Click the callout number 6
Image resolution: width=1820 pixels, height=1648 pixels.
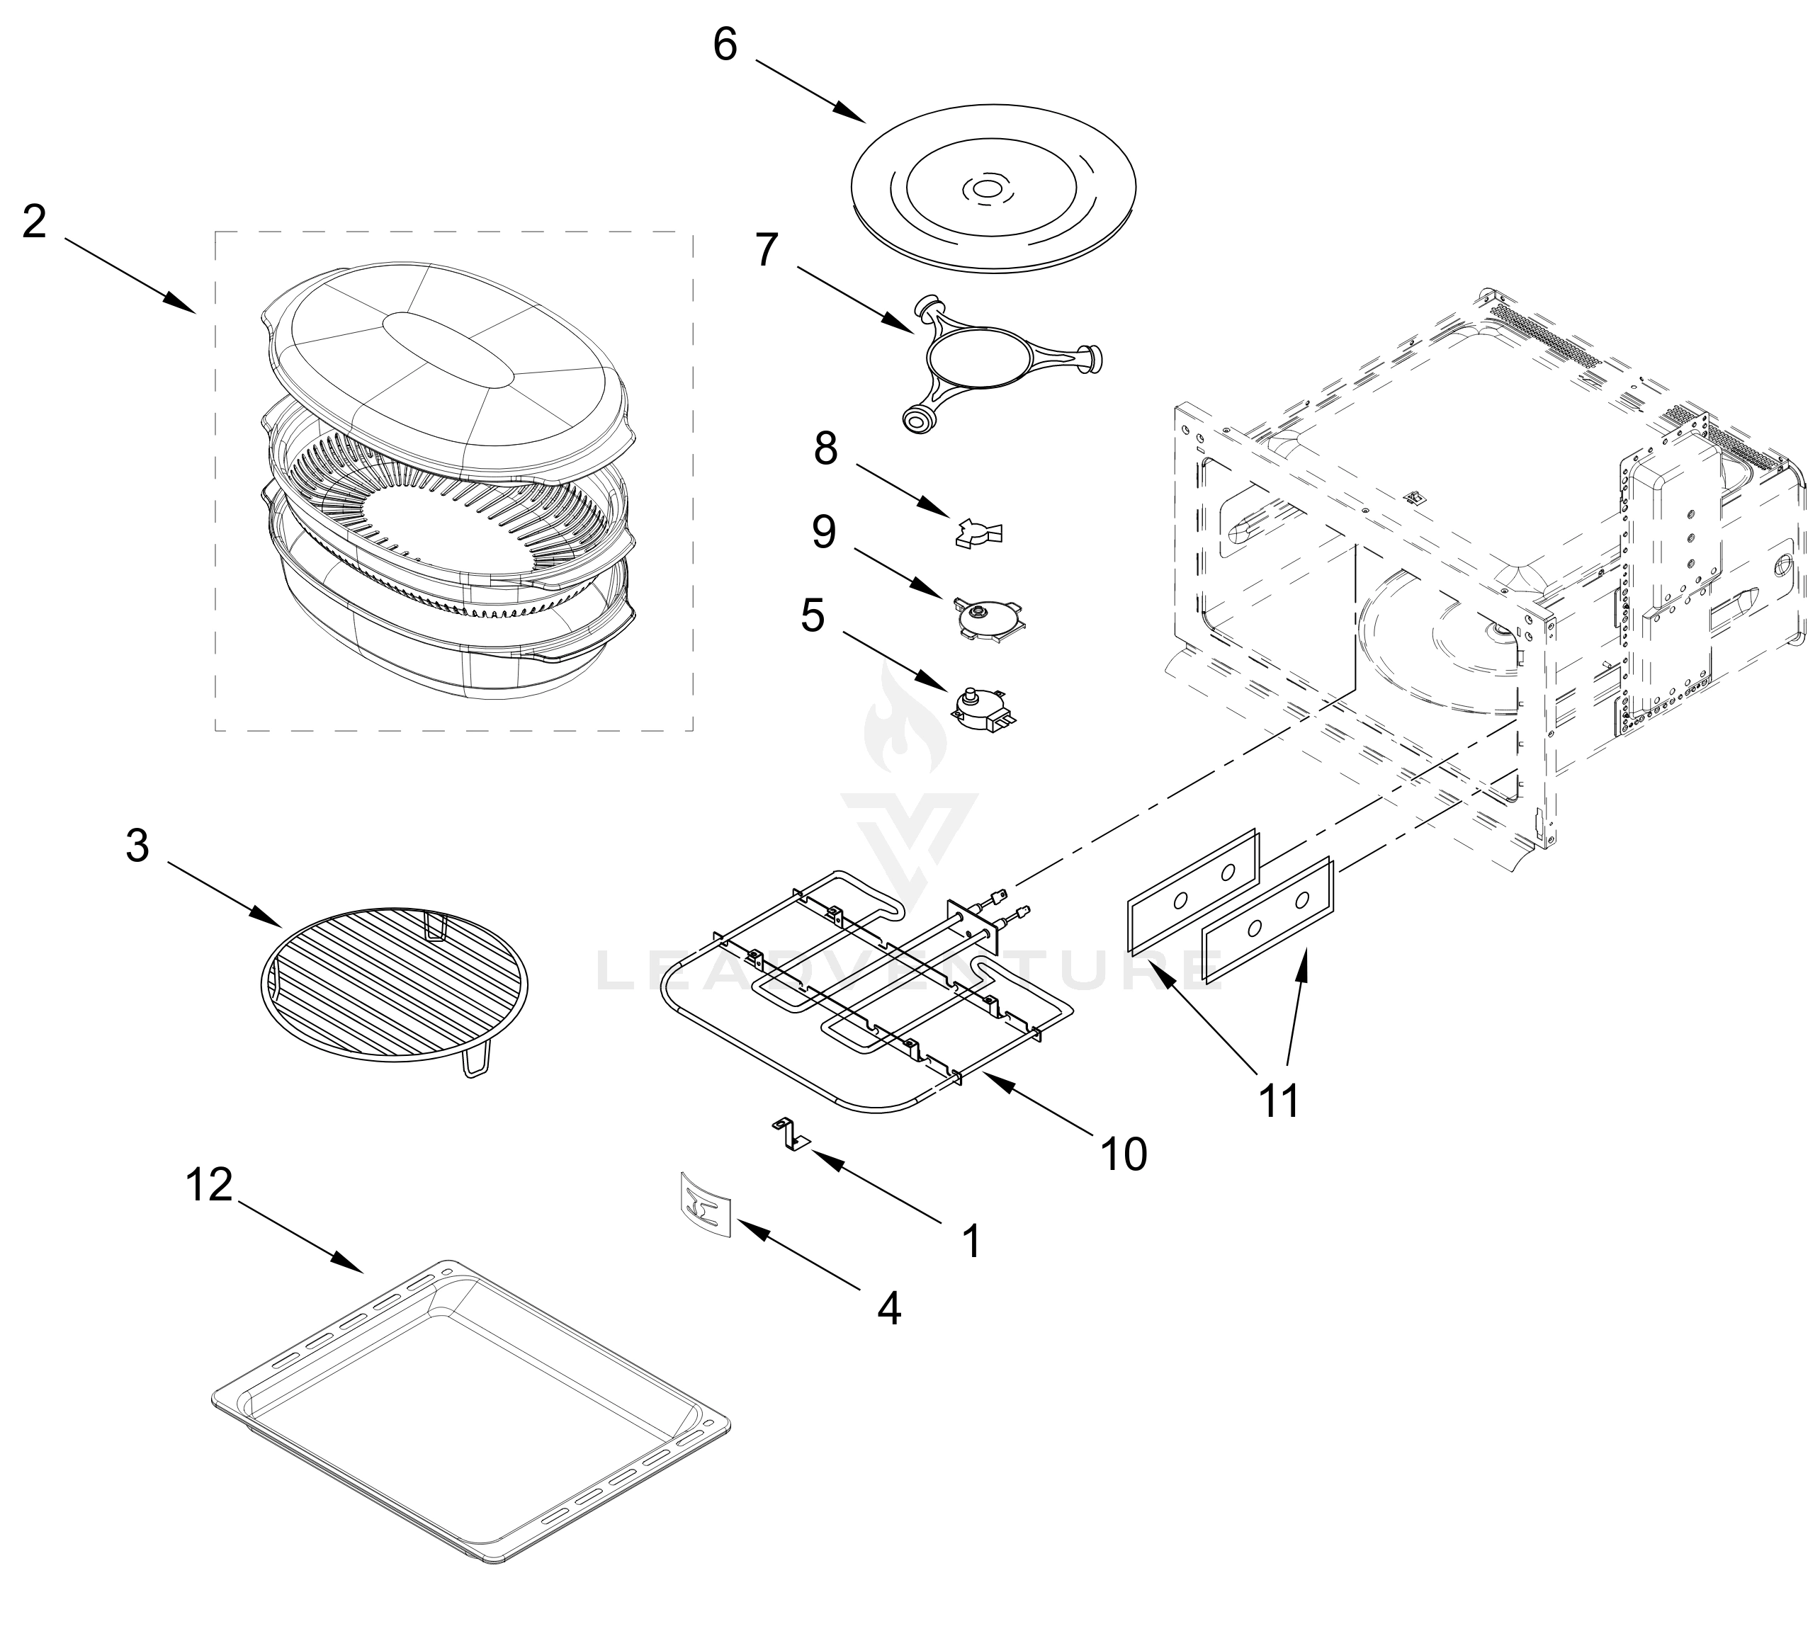tap(725, 43)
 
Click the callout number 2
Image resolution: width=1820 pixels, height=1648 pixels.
tap(34, 221)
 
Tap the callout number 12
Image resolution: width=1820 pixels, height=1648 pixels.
tap(210, 1185)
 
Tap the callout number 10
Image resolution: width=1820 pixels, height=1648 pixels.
tap(1124, 1154)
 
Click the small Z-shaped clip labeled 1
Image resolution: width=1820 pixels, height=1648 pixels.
tap(790, 1135)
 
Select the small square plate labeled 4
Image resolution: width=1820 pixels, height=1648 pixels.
tap(704, 1203)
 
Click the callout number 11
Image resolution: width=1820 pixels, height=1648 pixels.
tap(1279, 1099)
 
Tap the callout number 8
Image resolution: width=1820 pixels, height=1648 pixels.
tap(825, 448)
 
